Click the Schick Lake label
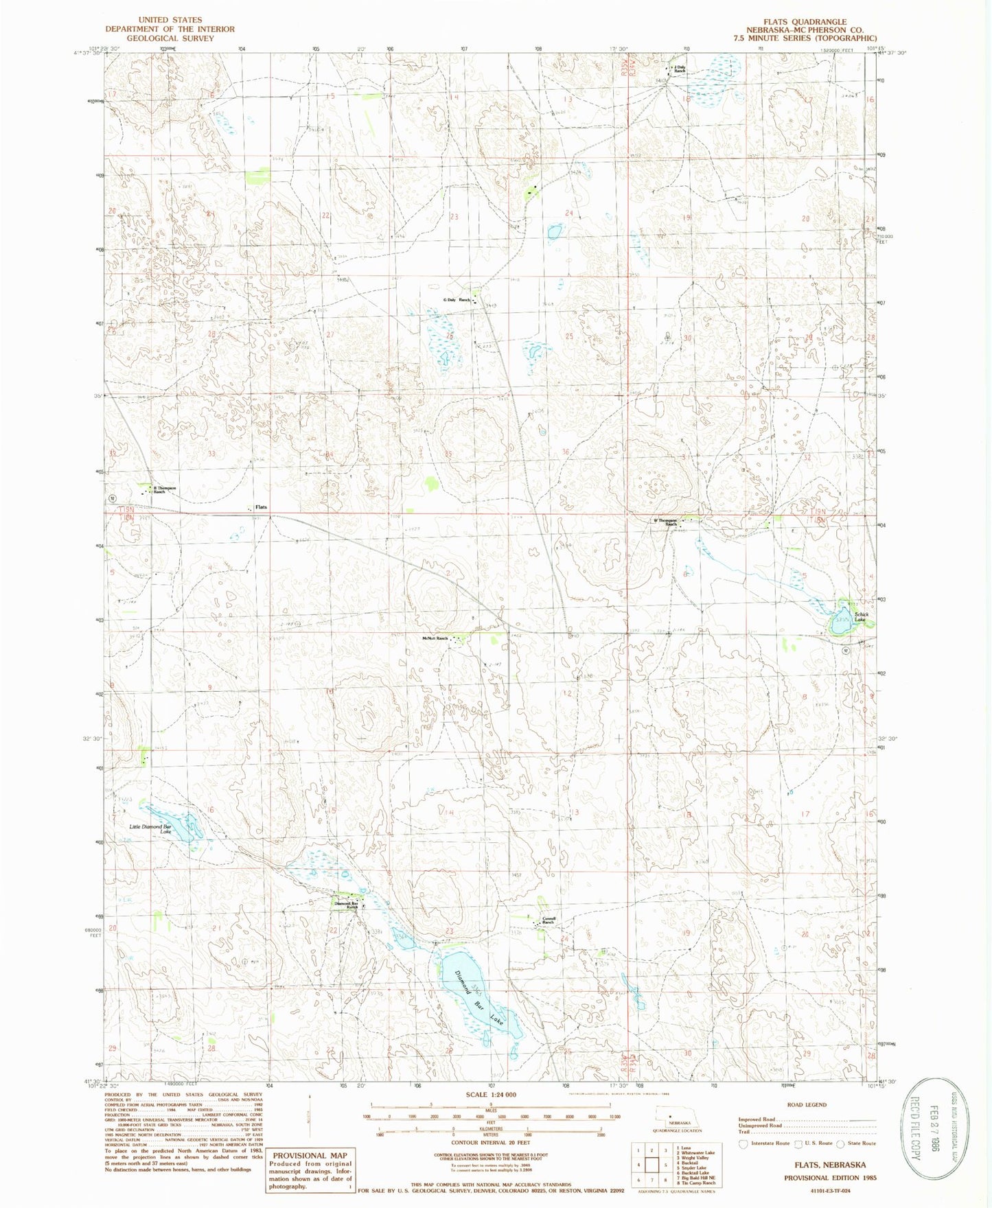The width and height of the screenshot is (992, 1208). tap(861, 617)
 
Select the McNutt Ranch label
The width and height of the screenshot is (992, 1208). tap(435, 638)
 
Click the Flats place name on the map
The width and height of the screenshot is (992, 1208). tap(261, 507)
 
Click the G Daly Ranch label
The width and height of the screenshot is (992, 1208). tap(457, 300)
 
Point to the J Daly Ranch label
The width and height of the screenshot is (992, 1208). tap(680, 69)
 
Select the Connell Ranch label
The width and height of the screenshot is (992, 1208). tap(548, 920)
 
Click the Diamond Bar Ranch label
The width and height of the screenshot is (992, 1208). tap(347, 905)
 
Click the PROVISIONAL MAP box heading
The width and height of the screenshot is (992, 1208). tap(310, 1156)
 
